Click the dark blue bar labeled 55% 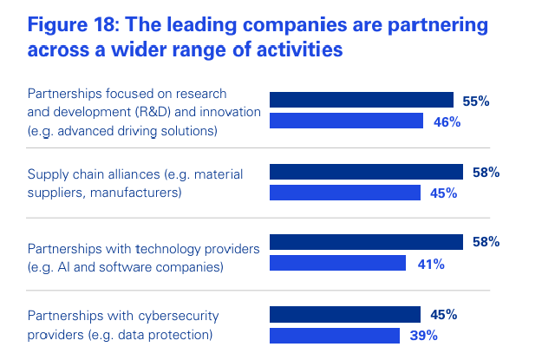(362, 101)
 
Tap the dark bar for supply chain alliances (367, 172)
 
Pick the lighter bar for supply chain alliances (345, 192)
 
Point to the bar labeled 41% (338, 263)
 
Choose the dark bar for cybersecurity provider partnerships (345, 314)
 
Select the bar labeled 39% (335, 334)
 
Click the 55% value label (476, 101)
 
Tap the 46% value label (447, 121)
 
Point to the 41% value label (431, 264)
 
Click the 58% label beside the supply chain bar (486, 173)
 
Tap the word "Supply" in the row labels (47, 174)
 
